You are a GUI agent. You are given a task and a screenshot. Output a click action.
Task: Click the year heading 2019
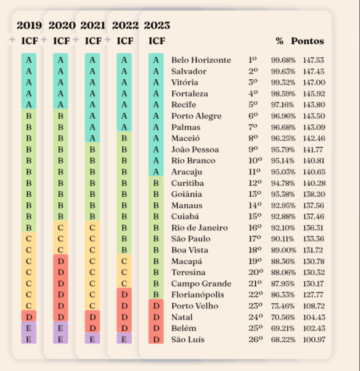pyautogui.click(x=29, y=25)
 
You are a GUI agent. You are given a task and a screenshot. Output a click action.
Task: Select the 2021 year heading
pyautogui.click(x=93, y=25)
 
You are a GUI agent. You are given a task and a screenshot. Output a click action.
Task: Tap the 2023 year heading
pyautogui.click(x=157, y=25)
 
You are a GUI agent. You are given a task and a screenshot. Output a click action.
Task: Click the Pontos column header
pyautogui.click(x=307, y=41)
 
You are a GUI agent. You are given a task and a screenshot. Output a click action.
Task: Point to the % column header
pyautogui.click(x=279, y=41)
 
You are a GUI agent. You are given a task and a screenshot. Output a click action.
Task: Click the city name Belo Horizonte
pyautogui.click(x=201, y=60)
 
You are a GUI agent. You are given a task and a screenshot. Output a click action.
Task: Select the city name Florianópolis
pyautogui.click(x=197, y=295)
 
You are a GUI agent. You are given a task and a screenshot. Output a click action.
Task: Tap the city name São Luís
pyautogui.click(x=187, y=340)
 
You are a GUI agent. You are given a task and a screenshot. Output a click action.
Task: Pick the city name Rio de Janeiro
pyautogui.click(x=199, y=228)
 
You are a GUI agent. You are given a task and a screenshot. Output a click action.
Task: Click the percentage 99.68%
pyautogui.click(x=283, y=60)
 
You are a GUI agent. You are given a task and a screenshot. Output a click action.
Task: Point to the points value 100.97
pyautogui.click(x=313, y=340)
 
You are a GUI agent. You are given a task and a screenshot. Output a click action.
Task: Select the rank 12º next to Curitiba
pyautogui.click(x=255, y=183)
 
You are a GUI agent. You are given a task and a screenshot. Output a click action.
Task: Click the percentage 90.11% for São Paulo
pyautogui.click(x=283, y=239)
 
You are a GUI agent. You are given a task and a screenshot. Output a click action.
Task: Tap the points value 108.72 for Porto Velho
pyautogui.click(x=313, y=306)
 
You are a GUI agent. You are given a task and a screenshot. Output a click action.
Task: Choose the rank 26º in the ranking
pyautogui.click(x=255, y=340)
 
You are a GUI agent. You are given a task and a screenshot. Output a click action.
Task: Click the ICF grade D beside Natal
pyautogui.click(x=156, y=317)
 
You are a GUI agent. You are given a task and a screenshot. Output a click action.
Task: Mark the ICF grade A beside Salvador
pyautogui.click(x=156, y=71)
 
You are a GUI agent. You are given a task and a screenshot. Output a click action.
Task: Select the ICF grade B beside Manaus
pyautogui.click(x=156, y=205)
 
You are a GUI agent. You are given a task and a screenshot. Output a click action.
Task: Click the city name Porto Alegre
pyautogui.click(x=196, y=116)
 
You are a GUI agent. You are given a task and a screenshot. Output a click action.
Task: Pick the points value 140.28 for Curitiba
pyautogui.click(x=313, y=183)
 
